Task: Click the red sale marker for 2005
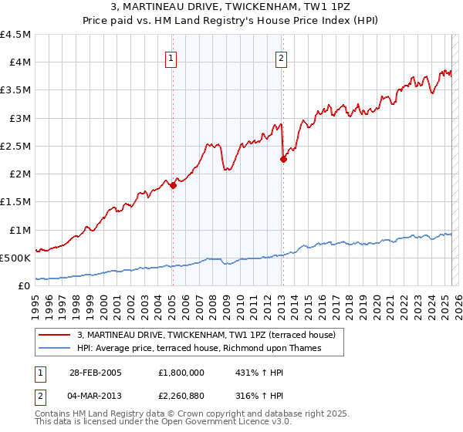(x=173, y=184)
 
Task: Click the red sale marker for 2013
(x=283, y=160)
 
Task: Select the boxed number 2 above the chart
(x=282, y=57)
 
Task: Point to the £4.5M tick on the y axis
(x=16, y=35)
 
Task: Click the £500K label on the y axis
(x=15, y=258)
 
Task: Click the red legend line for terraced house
(x=55, y=336)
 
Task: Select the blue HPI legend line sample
(x=55, y=349)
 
